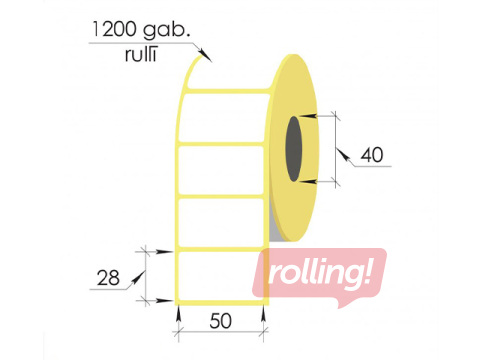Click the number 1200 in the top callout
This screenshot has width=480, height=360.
point(113,29)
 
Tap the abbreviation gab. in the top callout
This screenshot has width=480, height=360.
point(167,31)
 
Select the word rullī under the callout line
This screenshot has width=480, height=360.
point(141,55)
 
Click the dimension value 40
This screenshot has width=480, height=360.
point(372,155)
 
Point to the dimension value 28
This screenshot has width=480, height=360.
point(108,278)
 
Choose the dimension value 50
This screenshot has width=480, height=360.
point(220,321)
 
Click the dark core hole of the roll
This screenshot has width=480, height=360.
point(294,149)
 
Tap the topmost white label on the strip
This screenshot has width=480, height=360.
point(224,117)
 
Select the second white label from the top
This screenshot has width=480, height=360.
point(221,170)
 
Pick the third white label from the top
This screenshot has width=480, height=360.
point(221,222)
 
